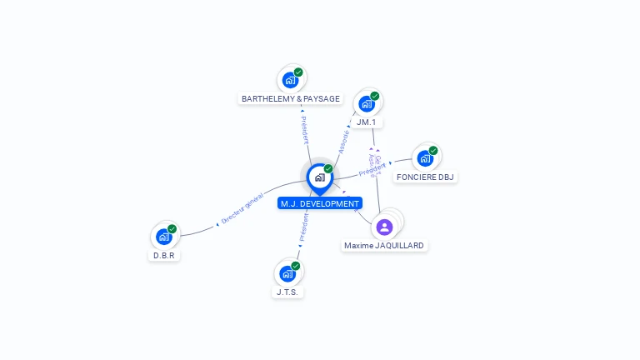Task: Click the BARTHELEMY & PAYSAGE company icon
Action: pyautogui.click(x=290, y=81)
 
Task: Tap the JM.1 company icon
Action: pyautogui.click(x=366, y=104)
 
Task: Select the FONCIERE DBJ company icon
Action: pyautogui.click(x=425, y=158)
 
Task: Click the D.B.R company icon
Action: pyautogui.click(x=163, y=237)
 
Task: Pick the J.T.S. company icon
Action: pyautogui.click(x=287, y=273)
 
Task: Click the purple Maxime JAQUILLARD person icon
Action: pyautogui.click(x=384, y=227)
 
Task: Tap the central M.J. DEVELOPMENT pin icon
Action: pyautogui.click(x=319, y=177)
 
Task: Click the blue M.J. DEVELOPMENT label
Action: pyautogui.click(x=320, y=203)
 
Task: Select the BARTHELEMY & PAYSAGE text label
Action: pyautogui.click(x=291, y=99)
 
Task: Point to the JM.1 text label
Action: pyautogui.click(x=366, y=122)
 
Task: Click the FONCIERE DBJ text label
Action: pyautogui.click(x=426, y=177)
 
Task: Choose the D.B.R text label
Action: pyautogui.click(x=163, y=256)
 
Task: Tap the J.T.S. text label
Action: pyautogui.click(x=287, y=292)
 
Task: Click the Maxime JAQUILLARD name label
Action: pyautogui.click(x=384, y=246)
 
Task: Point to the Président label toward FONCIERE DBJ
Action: pyautogui.click(x=372, y=169)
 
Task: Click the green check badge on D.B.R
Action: pyautogui.click(x=172, y=229)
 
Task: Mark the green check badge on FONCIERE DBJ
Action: pyautogui.click(x=433, y=151)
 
